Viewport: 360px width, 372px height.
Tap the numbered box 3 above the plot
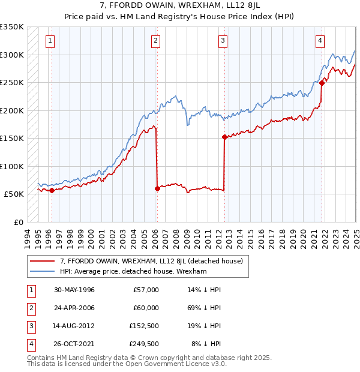(223, 41)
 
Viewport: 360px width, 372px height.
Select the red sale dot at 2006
(157, 188)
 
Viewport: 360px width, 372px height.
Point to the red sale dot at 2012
(224, 137)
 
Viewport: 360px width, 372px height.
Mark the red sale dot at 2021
(322, 83)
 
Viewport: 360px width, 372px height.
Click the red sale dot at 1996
(52, 190)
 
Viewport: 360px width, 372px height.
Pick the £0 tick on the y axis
(18, 222)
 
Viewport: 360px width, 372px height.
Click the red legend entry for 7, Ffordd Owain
(151, 261)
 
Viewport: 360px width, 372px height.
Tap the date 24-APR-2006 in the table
(74, 308)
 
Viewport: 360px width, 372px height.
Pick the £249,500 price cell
(144, 344)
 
